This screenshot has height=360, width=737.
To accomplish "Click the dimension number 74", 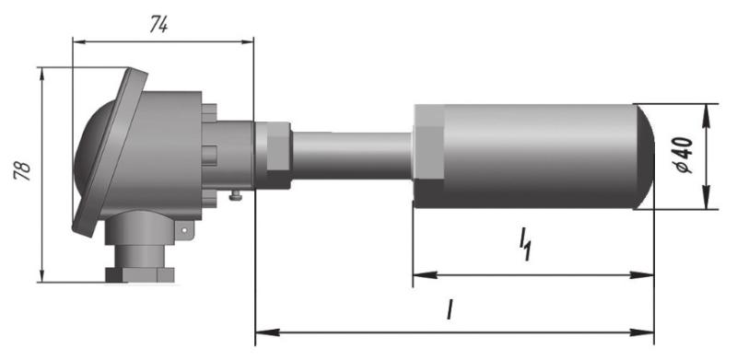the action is click(158, 26).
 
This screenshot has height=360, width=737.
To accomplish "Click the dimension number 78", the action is click(22, 171).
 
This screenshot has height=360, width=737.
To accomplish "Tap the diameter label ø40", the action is click(684, 156).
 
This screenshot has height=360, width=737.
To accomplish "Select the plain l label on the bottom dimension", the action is click(450, 310).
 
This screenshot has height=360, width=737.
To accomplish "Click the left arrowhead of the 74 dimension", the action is click(79, 41).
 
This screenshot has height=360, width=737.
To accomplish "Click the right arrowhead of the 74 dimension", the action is click(247, 41).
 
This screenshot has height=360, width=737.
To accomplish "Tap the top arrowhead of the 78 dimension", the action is click(42, 74).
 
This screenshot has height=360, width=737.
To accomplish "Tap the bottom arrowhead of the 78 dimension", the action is click(42, 275).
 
